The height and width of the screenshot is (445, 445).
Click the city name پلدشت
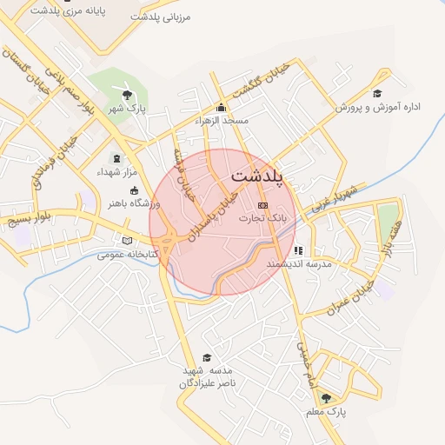coord(260,177)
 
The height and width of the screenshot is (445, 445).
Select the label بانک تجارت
coord(262,217)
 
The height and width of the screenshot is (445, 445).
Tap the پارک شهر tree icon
coord(128,95)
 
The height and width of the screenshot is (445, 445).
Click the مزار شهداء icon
coord(117,159)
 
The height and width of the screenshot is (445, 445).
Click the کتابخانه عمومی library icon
coord(129,241)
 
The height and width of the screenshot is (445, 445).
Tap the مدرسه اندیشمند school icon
coord(298,250)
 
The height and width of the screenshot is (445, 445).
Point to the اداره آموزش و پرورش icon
coord(377,94)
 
